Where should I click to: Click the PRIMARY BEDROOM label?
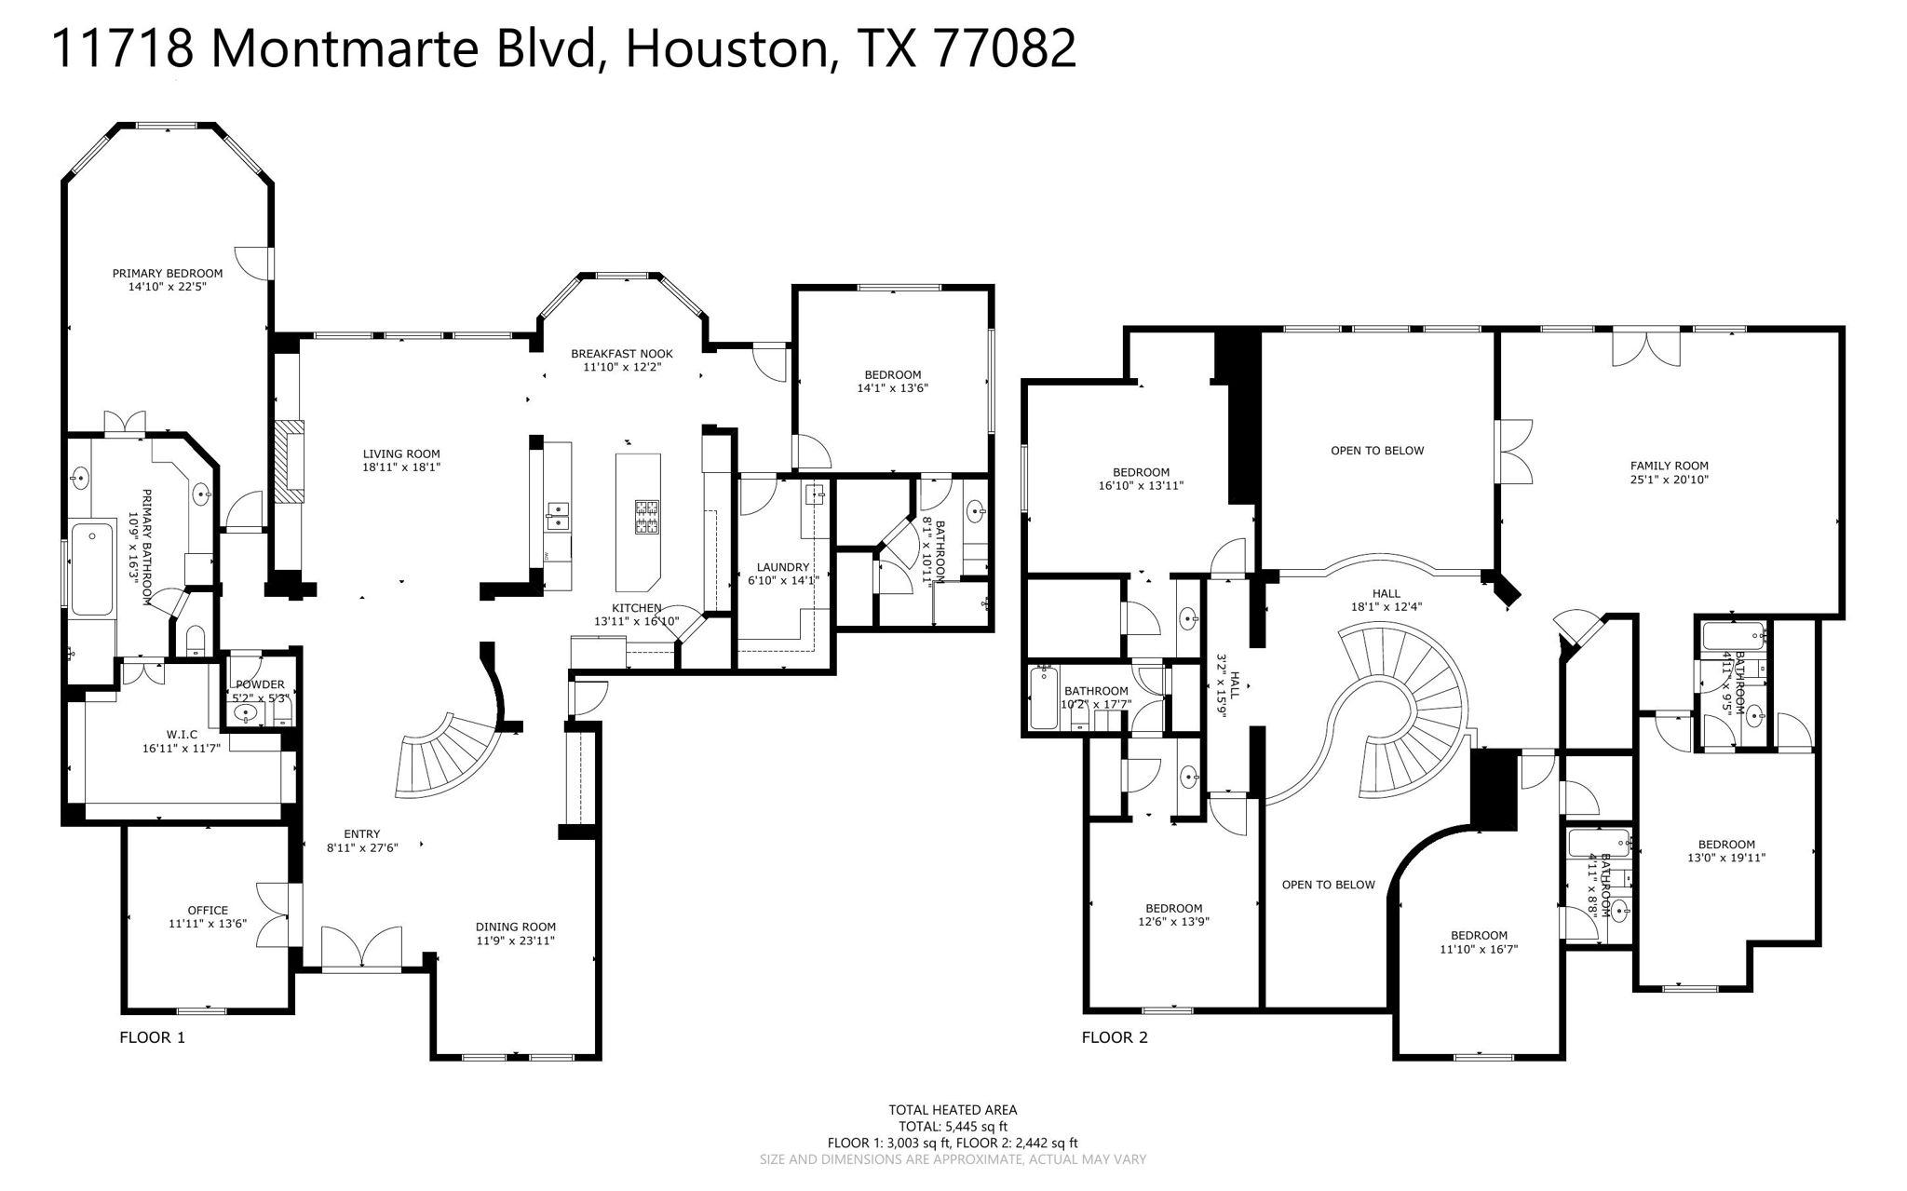(168, 274)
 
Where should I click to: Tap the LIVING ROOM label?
(401, 454)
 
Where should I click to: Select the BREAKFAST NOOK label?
(621, 354)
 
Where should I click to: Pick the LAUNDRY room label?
(782, 567)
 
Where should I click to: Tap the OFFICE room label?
(207, 911)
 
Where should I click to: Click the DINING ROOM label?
(515, 927)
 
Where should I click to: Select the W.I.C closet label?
(183, 735)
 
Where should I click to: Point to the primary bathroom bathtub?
(91, 570)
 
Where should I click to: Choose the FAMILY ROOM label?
(1669, 467)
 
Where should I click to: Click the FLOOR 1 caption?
(153, 1037)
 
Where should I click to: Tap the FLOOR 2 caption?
(1115, 1037)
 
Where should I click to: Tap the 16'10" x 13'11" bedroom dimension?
(1141, 485)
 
